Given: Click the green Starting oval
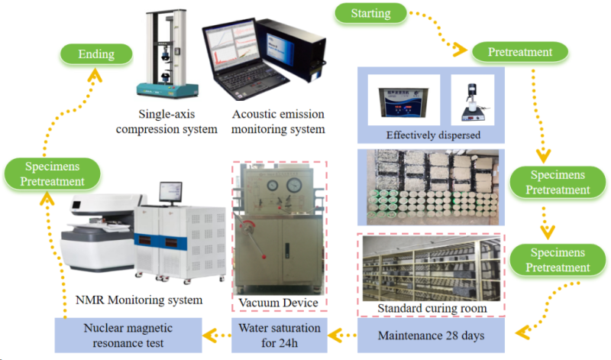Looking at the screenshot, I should point(370,13).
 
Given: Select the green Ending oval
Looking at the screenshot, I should point(95,54).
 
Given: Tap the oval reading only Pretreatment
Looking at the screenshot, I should point(519,52).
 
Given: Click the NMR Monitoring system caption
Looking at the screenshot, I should point(137,300).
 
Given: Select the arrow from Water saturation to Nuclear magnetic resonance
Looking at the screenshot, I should point(216,334).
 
